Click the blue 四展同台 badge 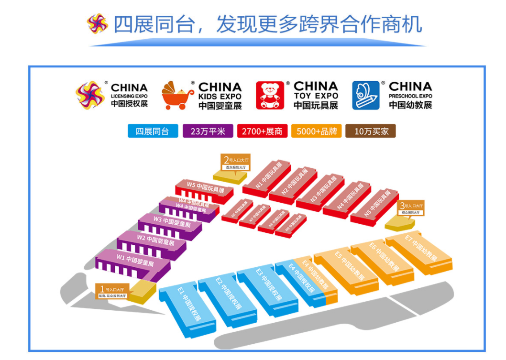pyautogui.click(x=153, y=131)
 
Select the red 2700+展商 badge pyautogui.click(x=262, y=131)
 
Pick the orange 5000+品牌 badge pyautogui.click(x=316, y=131)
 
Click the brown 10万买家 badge pyautogui.click(x=371, y=131)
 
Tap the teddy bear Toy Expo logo pyautogui.click(x=270, y=95)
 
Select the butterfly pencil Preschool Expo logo pyautogui.click(x=365, y=95)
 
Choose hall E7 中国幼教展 pyautogui.click(x=419, y=248)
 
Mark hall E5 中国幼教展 pyautogui.click(x=349, y=268)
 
